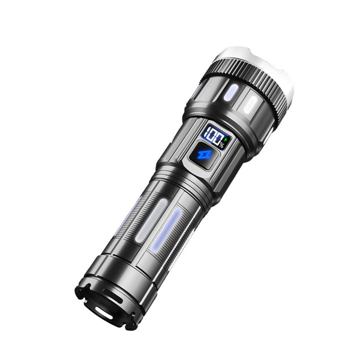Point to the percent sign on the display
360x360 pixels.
(x=221, y=145)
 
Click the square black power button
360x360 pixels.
(x=204, y=155)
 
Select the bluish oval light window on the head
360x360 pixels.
(x=230, y=93)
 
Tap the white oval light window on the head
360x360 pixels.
(x=250, y=104)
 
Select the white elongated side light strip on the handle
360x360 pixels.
(x=151, y=221)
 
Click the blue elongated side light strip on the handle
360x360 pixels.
(x=166, y=229)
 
